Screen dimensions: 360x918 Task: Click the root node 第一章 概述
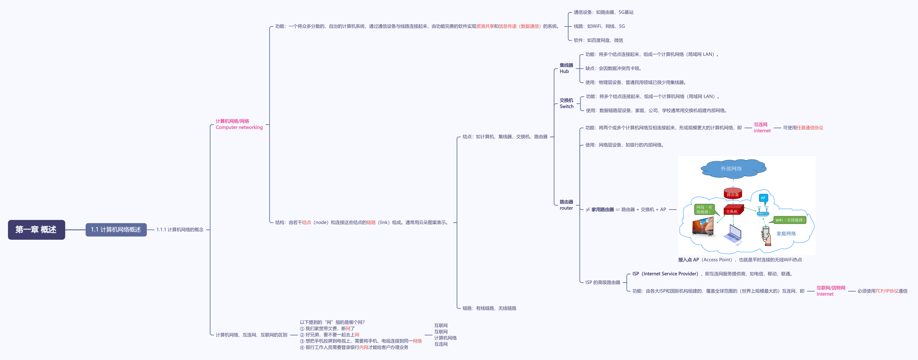(36, 230)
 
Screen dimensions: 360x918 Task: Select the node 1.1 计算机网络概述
(116, 230)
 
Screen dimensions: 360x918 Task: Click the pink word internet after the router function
(762, 131)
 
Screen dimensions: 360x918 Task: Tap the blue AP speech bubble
(763, 198)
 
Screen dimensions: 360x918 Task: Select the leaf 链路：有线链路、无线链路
(489, 308)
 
